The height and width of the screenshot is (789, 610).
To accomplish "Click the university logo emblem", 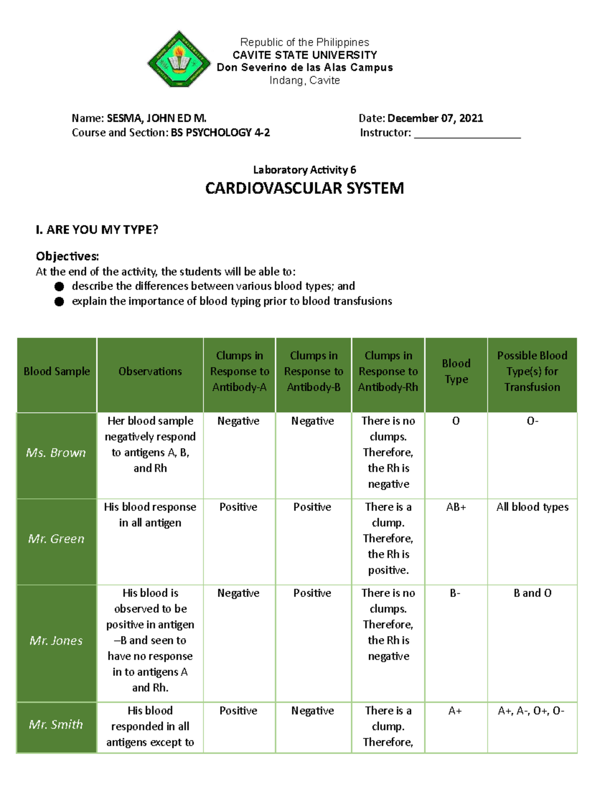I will [178, 59].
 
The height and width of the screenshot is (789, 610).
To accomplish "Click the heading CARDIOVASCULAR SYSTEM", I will [304, 188].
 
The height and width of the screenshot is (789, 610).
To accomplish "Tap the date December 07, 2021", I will [435, 118].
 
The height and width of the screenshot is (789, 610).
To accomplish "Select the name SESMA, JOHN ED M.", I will [157, 118].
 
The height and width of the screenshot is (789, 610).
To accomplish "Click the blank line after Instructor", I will [467, 134].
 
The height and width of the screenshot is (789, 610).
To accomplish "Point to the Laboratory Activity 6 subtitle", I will [304, 170].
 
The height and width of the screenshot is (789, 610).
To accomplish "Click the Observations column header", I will [150, 371].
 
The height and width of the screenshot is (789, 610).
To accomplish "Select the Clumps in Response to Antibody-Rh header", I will [388, 371].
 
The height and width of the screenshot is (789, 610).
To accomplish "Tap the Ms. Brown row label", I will [56, 453].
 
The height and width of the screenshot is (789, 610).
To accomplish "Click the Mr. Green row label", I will [56, 539].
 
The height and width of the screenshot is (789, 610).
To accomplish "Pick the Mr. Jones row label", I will [56, 641].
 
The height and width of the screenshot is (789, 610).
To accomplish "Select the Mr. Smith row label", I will [56, 724].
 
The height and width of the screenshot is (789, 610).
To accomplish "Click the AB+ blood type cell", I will [456, 507].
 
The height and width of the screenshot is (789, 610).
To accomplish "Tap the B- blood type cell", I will [455, 593].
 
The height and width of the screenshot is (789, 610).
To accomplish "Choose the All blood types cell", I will [532, 507].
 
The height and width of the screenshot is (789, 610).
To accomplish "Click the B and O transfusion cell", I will [532, 593].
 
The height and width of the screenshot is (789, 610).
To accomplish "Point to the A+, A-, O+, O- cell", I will [531, 711].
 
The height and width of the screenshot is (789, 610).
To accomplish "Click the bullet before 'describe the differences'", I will [59, 287].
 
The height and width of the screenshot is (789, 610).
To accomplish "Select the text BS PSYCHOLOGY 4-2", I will [220, 133].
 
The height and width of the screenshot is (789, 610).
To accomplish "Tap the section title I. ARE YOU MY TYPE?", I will [97, 230].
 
